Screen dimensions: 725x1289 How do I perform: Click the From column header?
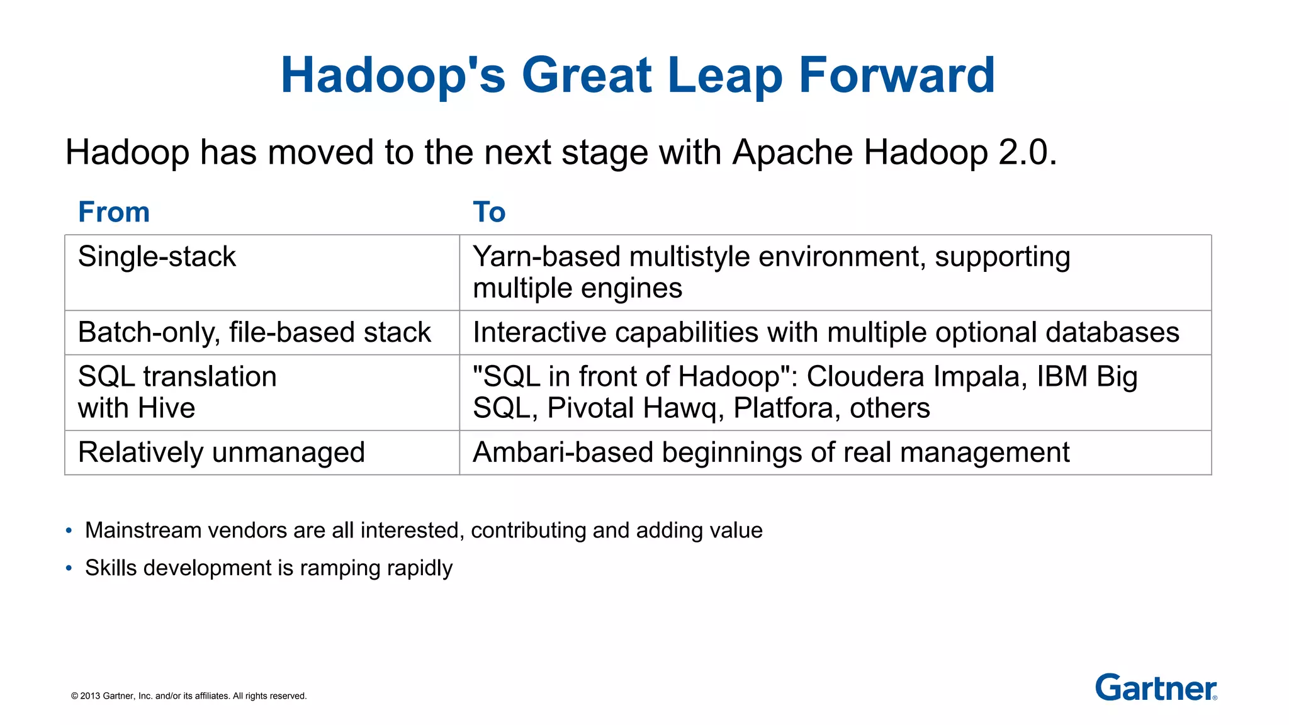[114, 212]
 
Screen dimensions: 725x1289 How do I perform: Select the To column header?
[489, 212]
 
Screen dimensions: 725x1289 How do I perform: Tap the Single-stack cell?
[157, 257]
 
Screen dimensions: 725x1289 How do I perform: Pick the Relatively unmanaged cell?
[222, 452]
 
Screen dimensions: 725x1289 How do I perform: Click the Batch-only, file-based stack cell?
[254, 332]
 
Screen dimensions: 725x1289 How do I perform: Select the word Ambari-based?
[562, 452]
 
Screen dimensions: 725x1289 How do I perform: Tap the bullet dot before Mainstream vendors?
[69, 531]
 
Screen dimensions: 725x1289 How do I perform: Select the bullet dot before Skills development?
[69, 568]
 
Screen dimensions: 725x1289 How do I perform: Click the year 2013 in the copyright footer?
[90, 696]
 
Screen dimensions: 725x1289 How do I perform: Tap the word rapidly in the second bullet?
[420, 568]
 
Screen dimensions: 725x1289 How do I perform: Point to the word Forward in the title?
[897, 76]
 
